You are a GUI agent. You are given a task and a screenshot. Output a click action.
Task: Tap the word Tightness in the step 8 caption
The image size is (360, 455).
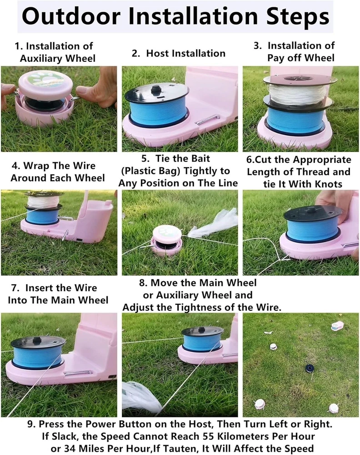tap(208, 307)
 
